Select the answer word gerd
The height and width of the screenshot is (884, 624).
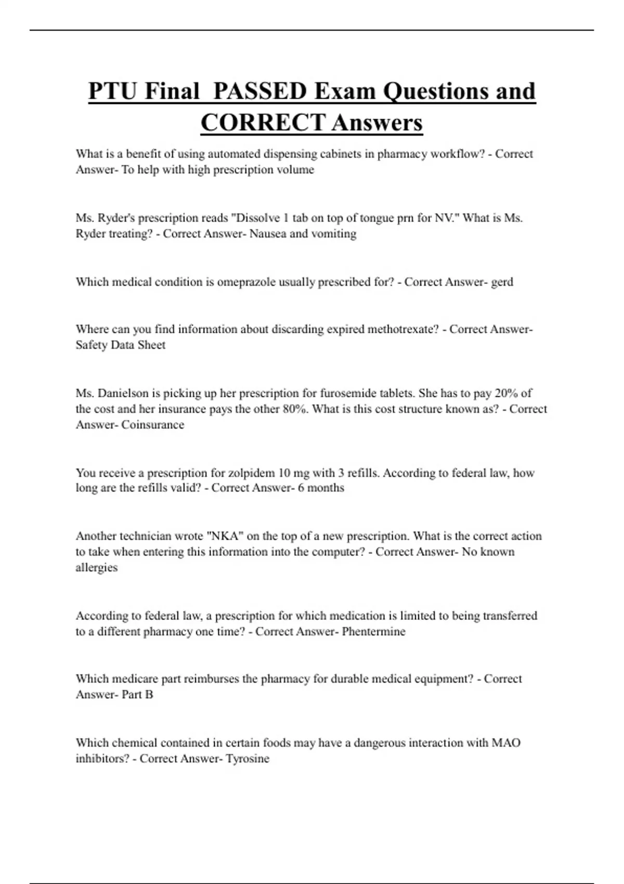click(502, 282)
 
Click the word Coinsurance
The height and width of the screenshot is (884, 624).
click(152, 425)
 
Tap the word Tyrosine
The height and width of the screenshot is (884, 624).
click(247, 759)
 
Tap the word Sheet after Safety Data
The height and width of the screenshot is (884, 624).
click(151, 345)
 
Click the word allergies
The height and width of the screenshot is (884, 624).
click(96, 568)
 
